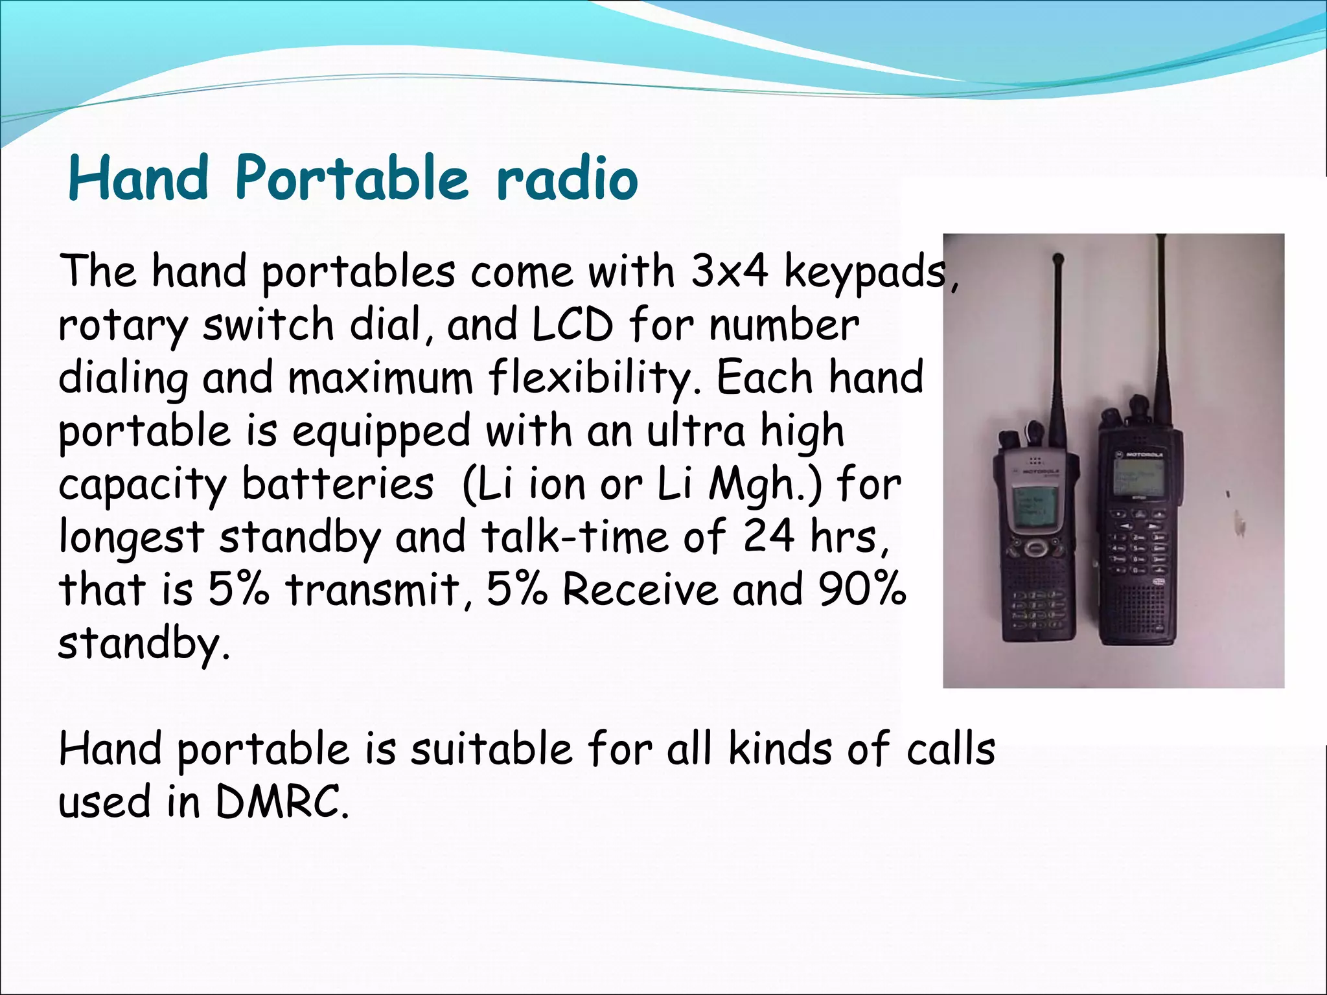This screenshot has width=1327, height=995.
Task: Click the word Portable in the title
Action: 351,177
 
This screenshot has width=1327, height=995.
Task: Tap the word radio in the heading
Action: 567,179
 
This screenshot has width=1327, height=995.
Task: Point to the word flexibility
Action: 595,378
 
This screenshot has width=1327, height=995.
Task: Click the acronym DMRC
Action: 279,802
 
